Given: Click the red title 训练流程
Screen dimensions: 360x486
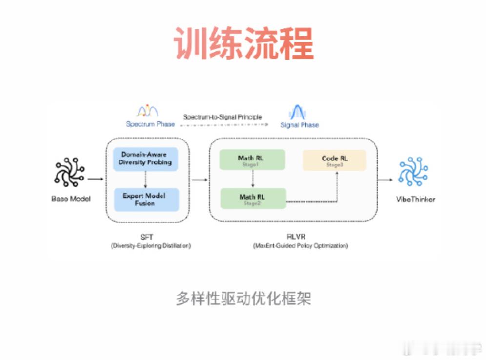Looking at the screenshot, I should [243, 43].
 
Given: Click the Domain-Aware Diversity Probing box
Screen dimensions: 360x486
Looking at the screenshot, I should [146, 159].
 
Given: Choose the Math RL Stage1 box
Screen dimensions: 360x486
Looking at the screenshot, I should [252, 160].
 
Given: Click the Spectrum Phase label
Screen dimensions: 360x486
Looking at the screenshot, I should [150, 124].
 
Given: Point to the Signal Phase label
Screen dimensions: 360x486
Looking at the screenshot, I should [299, 125].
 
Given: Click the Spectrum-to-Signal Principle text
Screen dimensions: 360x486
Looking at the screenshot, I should [223, 117].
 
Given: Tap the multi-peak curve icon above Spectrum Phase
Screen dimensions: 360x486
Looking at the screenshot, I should [147, 111].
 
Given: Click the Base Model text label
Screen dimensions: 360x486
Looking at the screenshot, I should [71, 199].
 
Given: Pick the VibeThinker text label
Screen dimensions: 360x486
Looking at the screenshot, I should [415, 199].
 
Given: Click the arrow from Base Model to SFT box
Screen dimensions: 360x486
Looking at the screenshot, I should [95, 179].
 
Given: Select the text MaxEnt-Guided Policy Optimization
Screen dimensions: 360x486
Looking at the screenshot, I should [301, 246].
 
